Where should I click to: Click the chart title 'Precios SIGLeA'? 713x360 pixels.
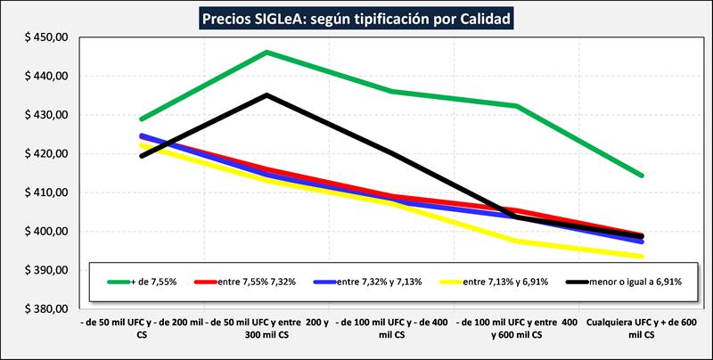(x=356, y=18)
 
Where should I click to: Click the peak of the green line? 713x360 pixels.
(x=267, y=53)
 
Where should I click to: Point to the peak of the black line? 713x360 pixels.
(x=267, y=94)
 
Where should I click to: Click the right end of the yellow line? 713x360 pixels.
(x=643, y=257)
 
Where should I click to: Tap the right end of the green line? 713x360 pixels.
(x=643, y=176)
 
